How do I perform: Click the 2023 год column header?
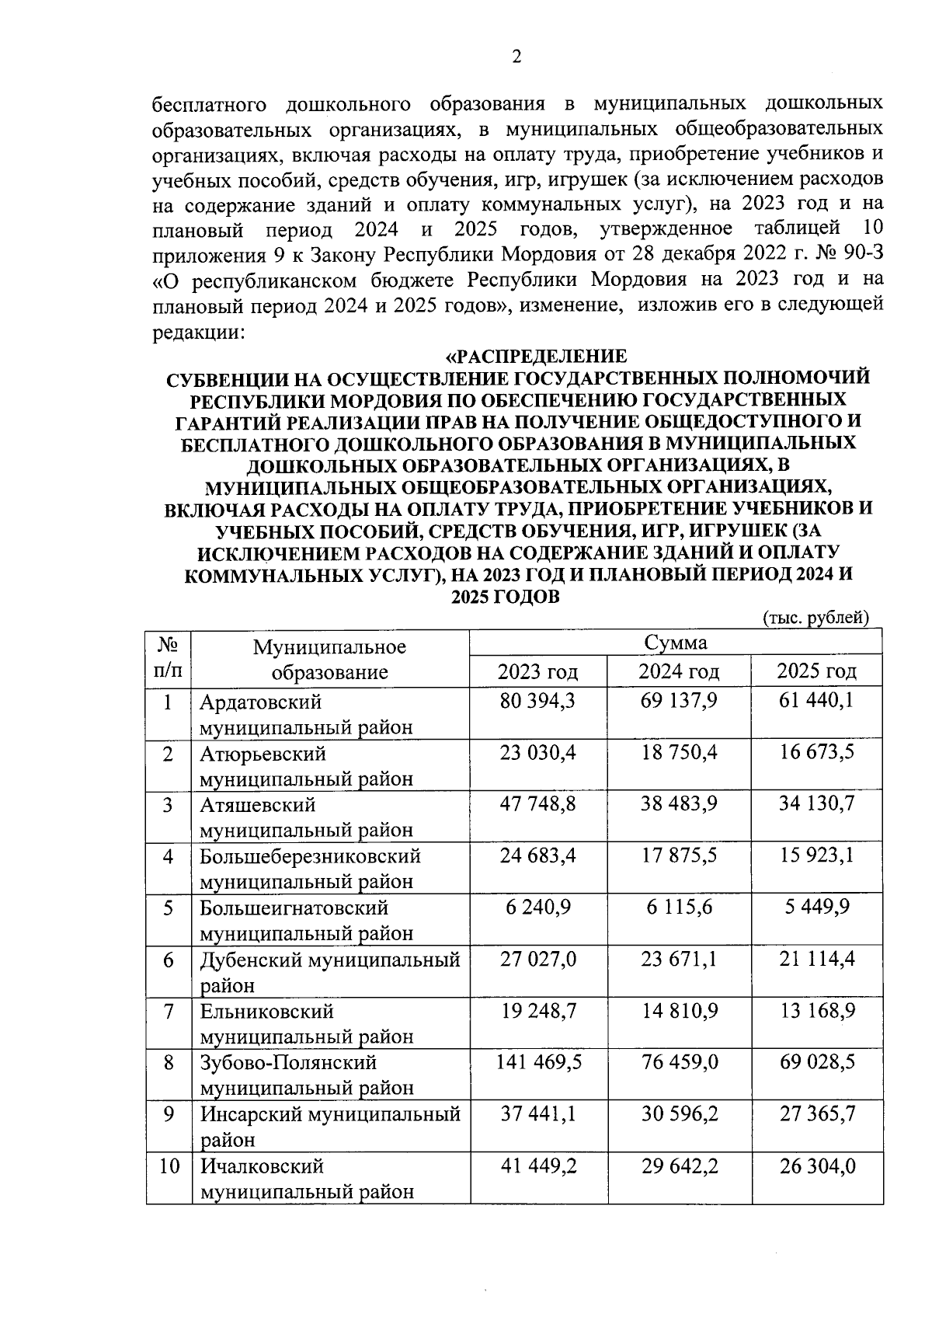[537, 671]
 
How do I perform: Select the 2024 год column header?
[679, 671]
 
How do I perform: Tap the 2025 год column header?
[816, 671]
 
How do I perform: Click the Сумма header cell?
[675, 643]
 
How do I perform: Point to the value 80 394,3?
[537, 701]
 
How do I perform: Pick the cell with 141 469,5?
[539, 1062]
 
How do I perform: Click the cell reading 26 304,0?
[817, 1166]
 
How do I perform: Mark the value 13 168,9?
[817, 1011]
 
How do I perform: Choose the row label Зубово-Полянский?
[288, 1063]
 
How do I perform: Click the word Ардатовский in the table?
[261, 702]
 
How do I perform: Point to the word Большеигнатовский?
[294, 908]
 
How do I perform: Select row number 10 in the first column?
[169, 1166]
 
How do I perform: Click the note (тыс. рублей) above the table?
[816, 618]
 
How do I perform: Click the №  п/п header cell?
[169, 657]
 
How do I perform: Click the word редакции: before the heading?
[199, 333]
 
